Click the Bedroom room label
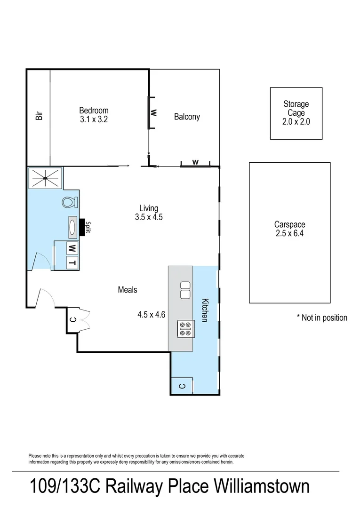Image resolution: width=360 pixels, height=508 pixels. pyautogui.click(x=94, y=111)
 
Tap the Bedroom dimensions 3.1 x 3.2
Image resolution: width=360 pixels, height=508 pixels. pyautogui.click(x=94, y=119)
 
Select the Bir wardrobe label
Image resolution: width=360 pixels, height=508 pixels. pyautogui.click(x=39, y=115)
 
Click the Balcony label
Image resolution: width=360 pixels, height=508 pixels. pyautogui.click(x=187, y=117)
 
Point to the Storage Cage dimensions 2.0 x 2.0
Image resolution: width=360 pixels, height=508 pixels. pyautogui.click(x=296, y=121)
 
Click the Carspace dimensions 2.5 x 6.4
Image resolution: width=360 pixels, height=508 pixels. pyautogui.click(x=289, y=233)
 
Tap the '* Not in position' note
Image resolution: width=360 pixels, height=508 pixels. pyautogui.click(x=322, y=317)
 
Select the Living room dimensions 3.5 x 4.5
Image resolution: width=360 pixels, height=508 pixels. pyautogui.click(x=148, y=217)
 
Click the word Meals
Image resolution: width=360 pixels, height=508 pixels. pyautogui.click(x=128, y=290)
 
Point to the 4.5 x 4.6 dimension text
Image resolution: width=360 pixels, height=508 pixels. pyautogui.click(x=151, y=315)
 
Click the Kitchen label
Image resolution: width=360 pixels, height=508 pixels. pyautogui.click(x=205, y=310)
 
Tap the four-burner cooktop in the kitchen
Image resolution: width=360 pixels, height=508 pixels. pyautogui.click(x=184, y=328)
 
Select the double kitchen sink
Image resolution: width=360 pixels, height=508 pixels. pyautogui.click(x=184, y=290)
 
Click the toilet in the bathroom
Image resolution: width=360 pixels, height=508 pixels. pyautogui.click(x=69, y=202)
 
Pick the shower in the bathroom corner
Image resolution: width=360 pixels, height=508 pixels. pyautogui.click(x=45, y=177)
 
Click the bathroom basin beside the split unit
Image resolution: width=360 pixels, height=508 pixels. pyautogui.click(x=73, y=227)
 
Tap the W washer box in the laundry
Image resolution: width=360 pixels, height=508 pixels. pyautogui.click(x=72, y=247)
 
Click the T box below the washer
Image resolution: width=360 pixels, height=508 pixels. pyautogui.click(x=72, y=262)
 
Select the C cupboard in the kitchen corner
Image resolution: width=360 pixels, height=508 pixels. pyautogui.click(x=183, y=386)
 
